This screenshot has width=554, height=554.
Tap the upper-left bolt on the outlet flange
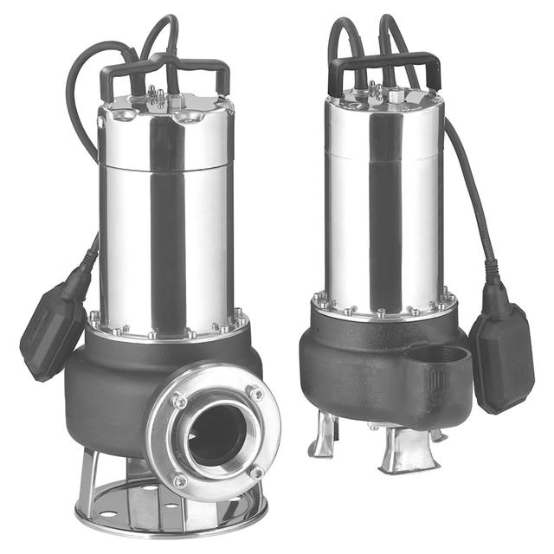pos(179,401)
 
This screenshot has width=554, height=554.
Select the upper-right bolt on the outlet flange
pos(255,393)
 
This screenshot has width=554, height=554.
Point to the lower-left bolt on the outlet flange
pos(180,480)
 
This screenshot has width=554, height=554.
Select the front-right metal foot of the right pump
pos(407,452)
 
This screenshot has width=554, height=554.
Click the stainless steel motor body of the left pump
pos(164,225)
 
